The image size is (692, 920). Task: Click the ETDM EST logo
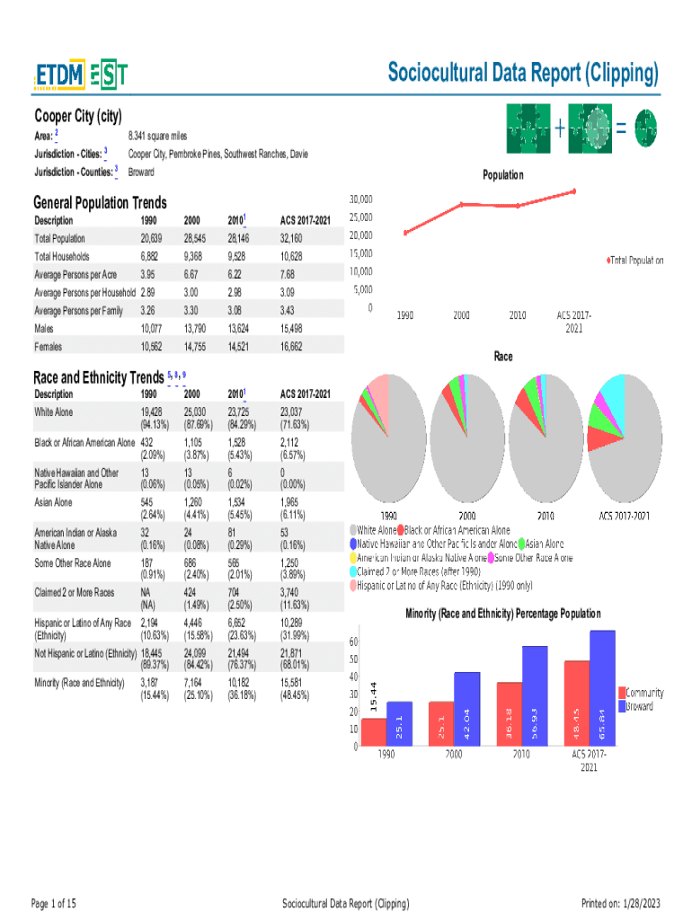(81, 76)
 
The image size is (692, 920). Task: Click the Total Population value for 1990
(151, 238)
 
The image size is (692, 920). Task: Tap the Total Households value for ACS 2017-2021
(297, 256)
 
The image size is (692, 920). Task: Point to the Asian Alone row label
(53, 502)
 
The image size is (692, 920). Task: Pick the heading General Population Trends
(100, 203)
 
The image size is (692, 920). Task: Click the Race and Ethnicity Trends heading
(98, 376)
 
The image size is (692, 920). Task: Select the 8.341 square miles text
(157, 136)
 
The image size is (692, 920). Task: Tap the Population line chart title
(502, 174)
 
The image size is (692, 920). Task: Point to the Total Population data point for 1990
(405, 234)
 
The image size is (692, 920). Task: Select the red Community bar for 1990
(373, 731)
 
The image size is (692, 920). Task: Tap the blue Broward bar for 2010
(535, 695)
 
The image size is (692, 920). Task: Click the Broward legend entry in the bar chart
(639, 706)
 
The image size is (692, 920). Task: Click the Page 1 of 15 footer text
(54, 903)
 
